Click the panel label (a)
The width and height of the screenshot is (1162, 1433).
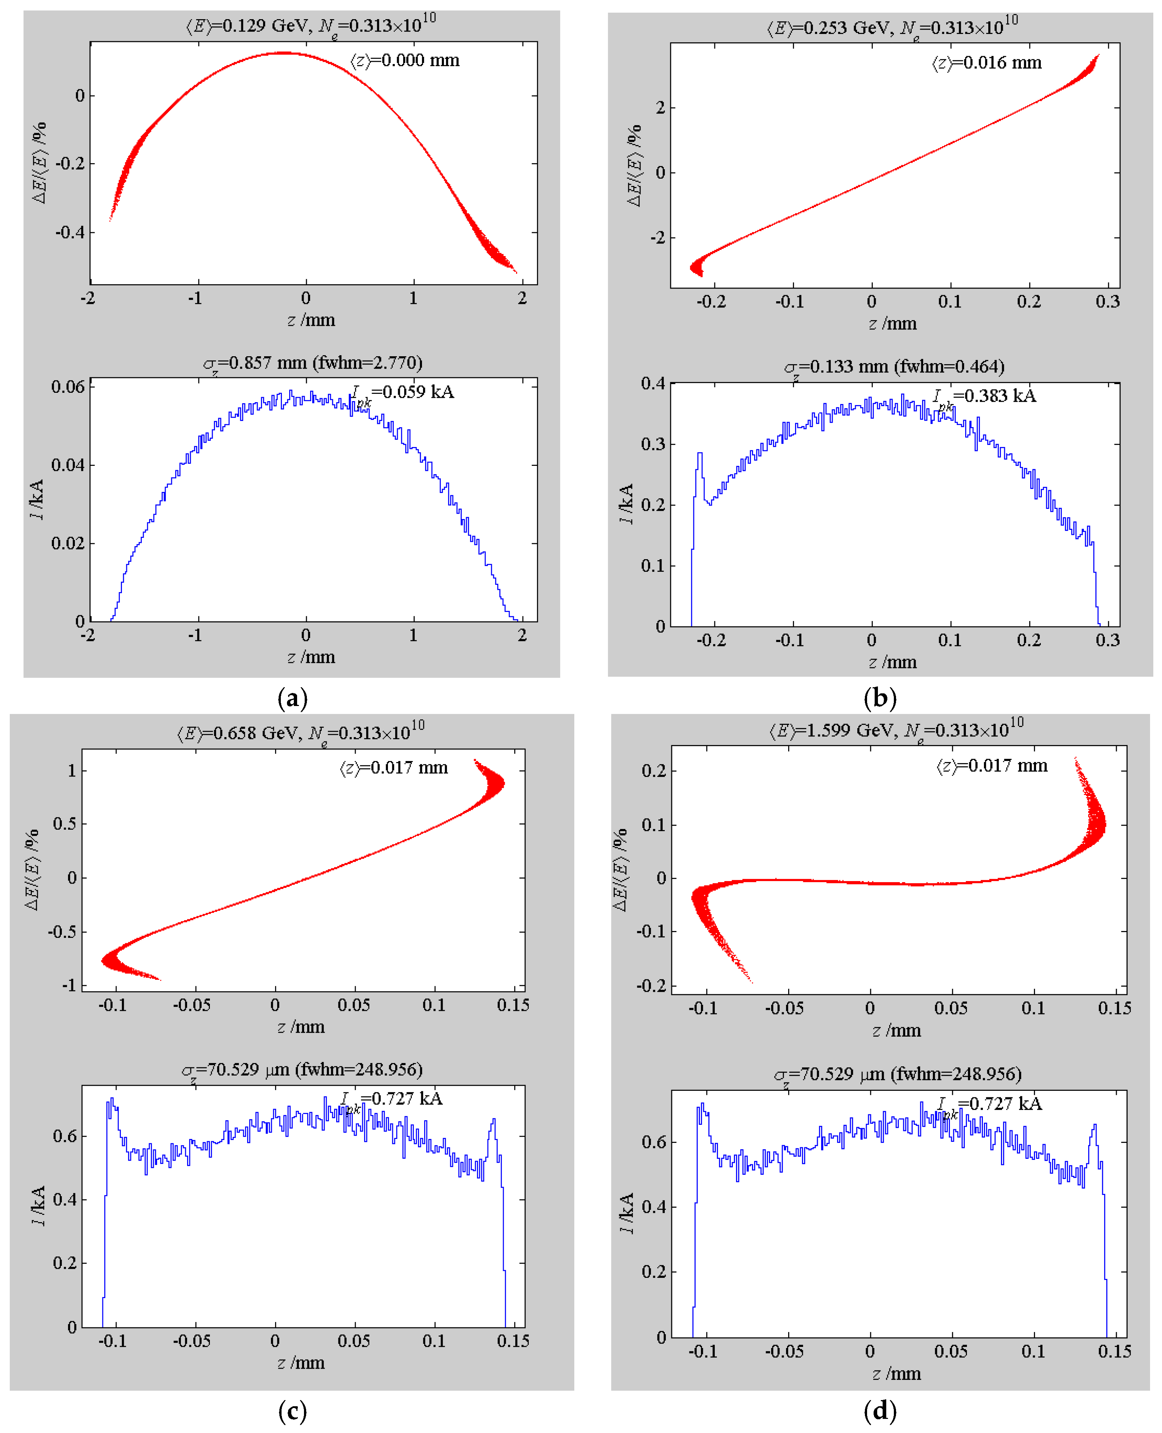[x=292, y=698]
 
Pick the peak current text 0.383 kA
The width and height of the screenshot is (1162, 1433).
[x=985, y=396]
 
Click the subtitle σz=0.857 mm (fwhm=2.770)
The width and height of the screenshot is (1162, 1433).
[x=313, y=363]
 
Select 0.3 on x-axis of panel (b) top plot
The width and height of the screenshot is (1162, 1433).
[x=1107, y=302]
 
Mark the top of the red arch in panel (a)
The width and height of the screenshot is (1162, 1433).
[x=284, y=53]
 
